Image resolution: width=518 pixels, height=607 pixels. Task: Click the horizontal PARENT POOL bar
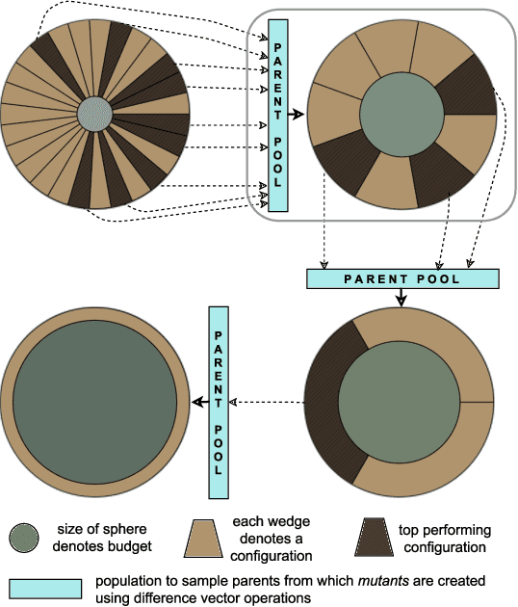pyautogui.click(x=402, y=278)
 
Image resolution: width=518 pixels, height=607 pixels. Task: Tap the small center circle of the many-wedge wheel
pyautogui.click(x=93, y=114)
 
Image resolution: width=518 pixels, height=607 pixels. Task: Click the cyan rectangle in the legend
pyautogui.click(x=45, y=588)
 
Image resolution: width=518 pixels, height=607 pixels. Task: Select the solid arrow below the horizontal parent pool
pyautogui.click(x=401, y=299)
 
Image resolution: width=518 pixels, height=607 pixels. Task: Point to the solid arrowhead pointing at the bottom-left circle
pyautogui.click(x=198, y=402)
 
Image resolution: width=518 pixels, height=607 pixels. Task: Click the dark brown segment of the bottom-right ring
pyautogui.click(x=327, y=405)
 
